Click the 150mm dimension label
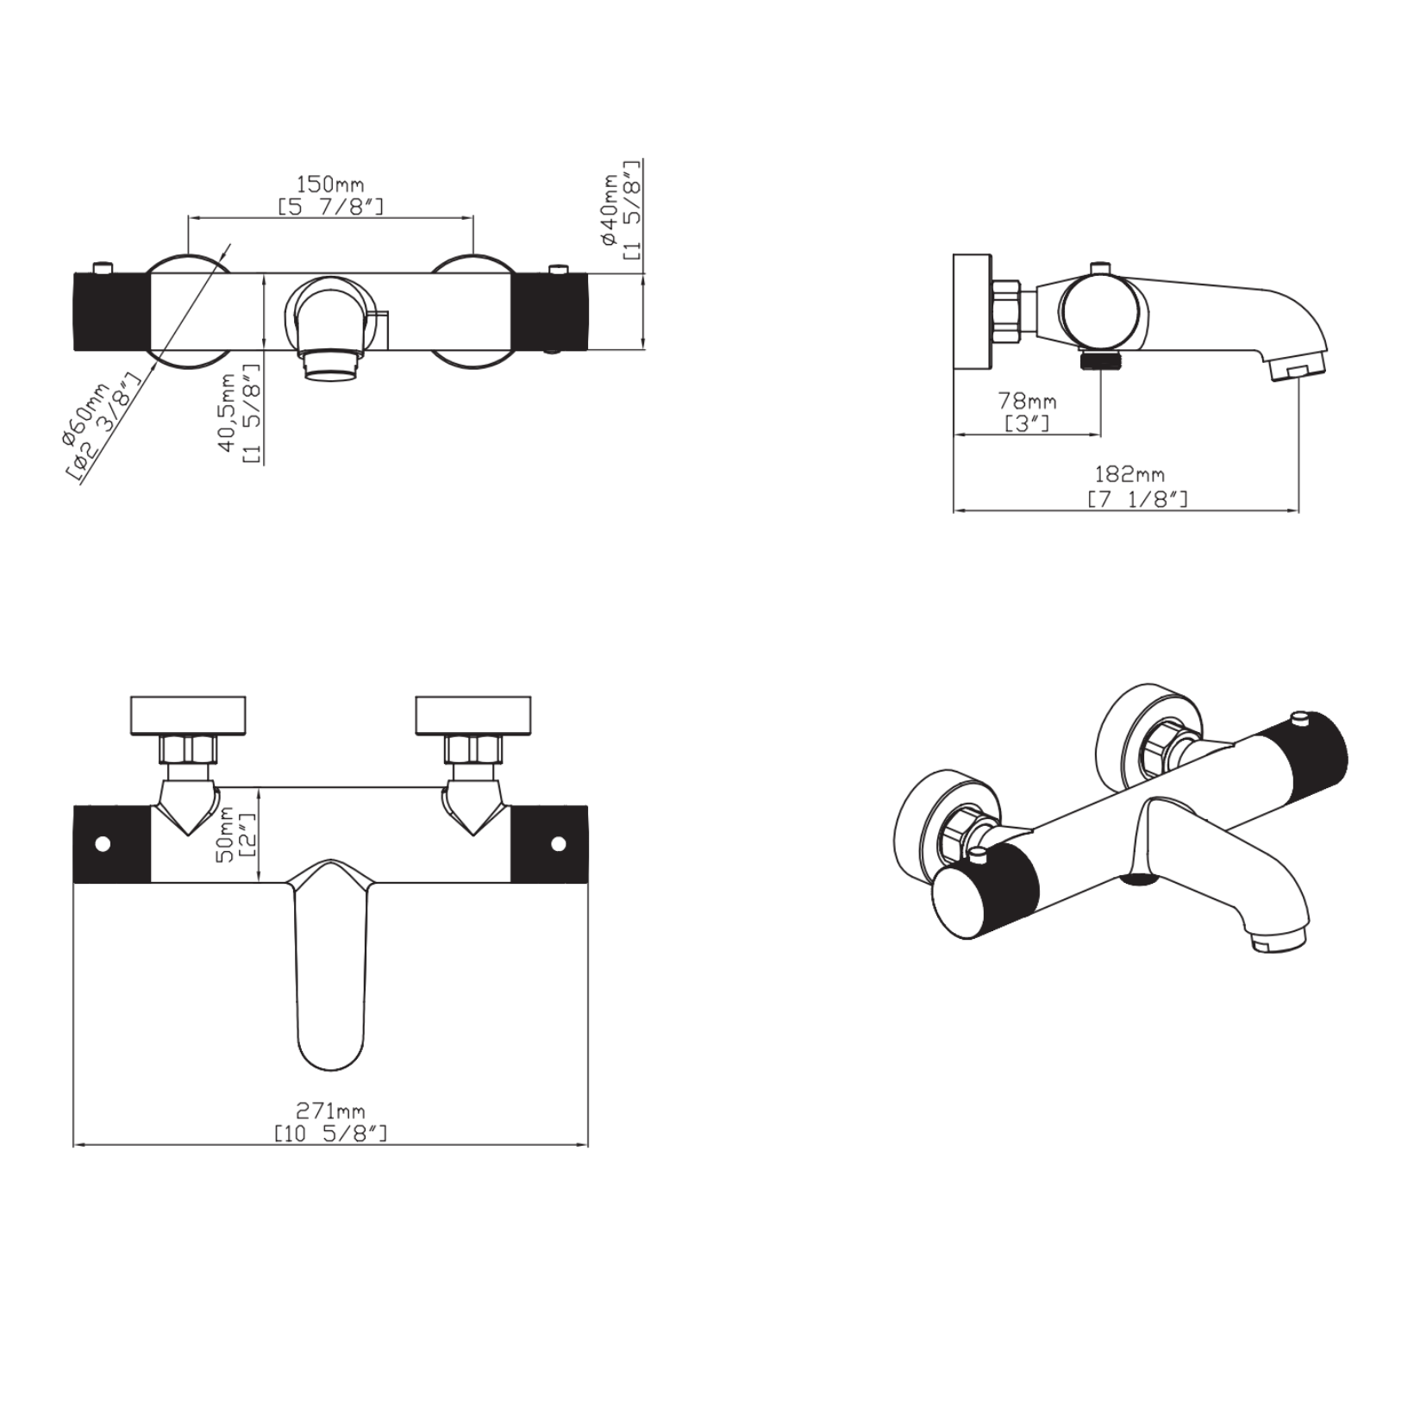tap(330, 185)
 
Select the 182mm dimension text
tap(1129, 474)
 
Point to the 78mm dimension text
tap(1027, 402)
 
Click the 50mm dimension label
tap(225, 835)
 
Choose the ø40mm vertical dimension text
tap(611, 210)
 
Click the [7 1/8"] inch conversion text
tap(1137, 499)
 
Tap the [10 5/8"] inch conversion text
tap(330, 1134)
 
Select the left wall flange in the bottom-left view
tap(187, 716)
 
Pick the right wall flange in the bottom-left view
tap(473, 716)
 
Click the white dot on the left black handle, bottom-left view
tap(103, 843)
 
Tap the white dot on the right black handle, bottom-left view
tap(558, 843)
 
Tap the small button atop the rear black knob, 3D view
tap(1299, 717)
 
